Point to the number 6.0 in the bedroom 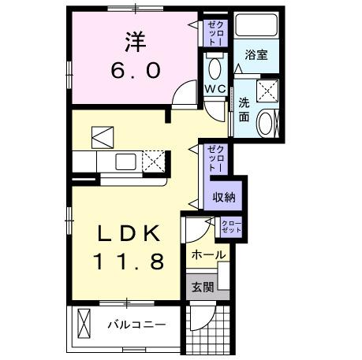point(132,70)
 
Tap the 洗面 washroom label point(244,111)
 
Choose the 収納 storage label point(224,198)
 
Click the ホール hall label point(208,254)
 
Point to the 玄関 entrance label point(202,287)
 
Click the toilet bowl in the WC point(214,64)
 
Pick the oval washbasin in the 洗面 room point(267,123)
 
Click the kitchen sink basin point(126,162)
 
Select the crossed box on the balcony point(84,323)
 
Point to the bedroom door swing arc point(183,95)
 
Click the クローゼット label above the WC point(215,32)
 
